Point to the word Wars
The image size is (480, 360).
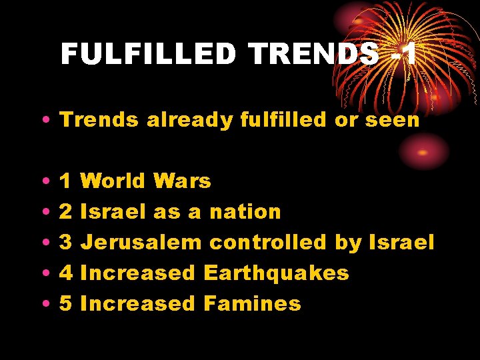point(181,181)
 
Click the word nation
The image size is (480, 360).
point(245,211)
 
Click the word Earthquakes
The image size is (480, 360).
point(276,273)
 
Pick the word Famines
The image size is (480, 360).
point(252,303)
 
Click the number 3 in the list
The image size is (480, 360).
point(66,242)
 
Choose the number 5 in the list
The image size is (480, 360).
point(66,303)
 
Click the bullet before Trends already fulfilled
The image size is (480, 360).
point(43,121)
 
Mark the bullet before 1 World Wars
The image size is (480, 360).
point(43,181)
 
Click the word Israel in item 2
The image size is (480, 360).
point(113,211)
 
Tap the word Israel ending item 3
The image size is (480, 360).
point(401,242)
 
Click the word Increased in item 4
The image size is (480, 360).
point(137,273)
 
